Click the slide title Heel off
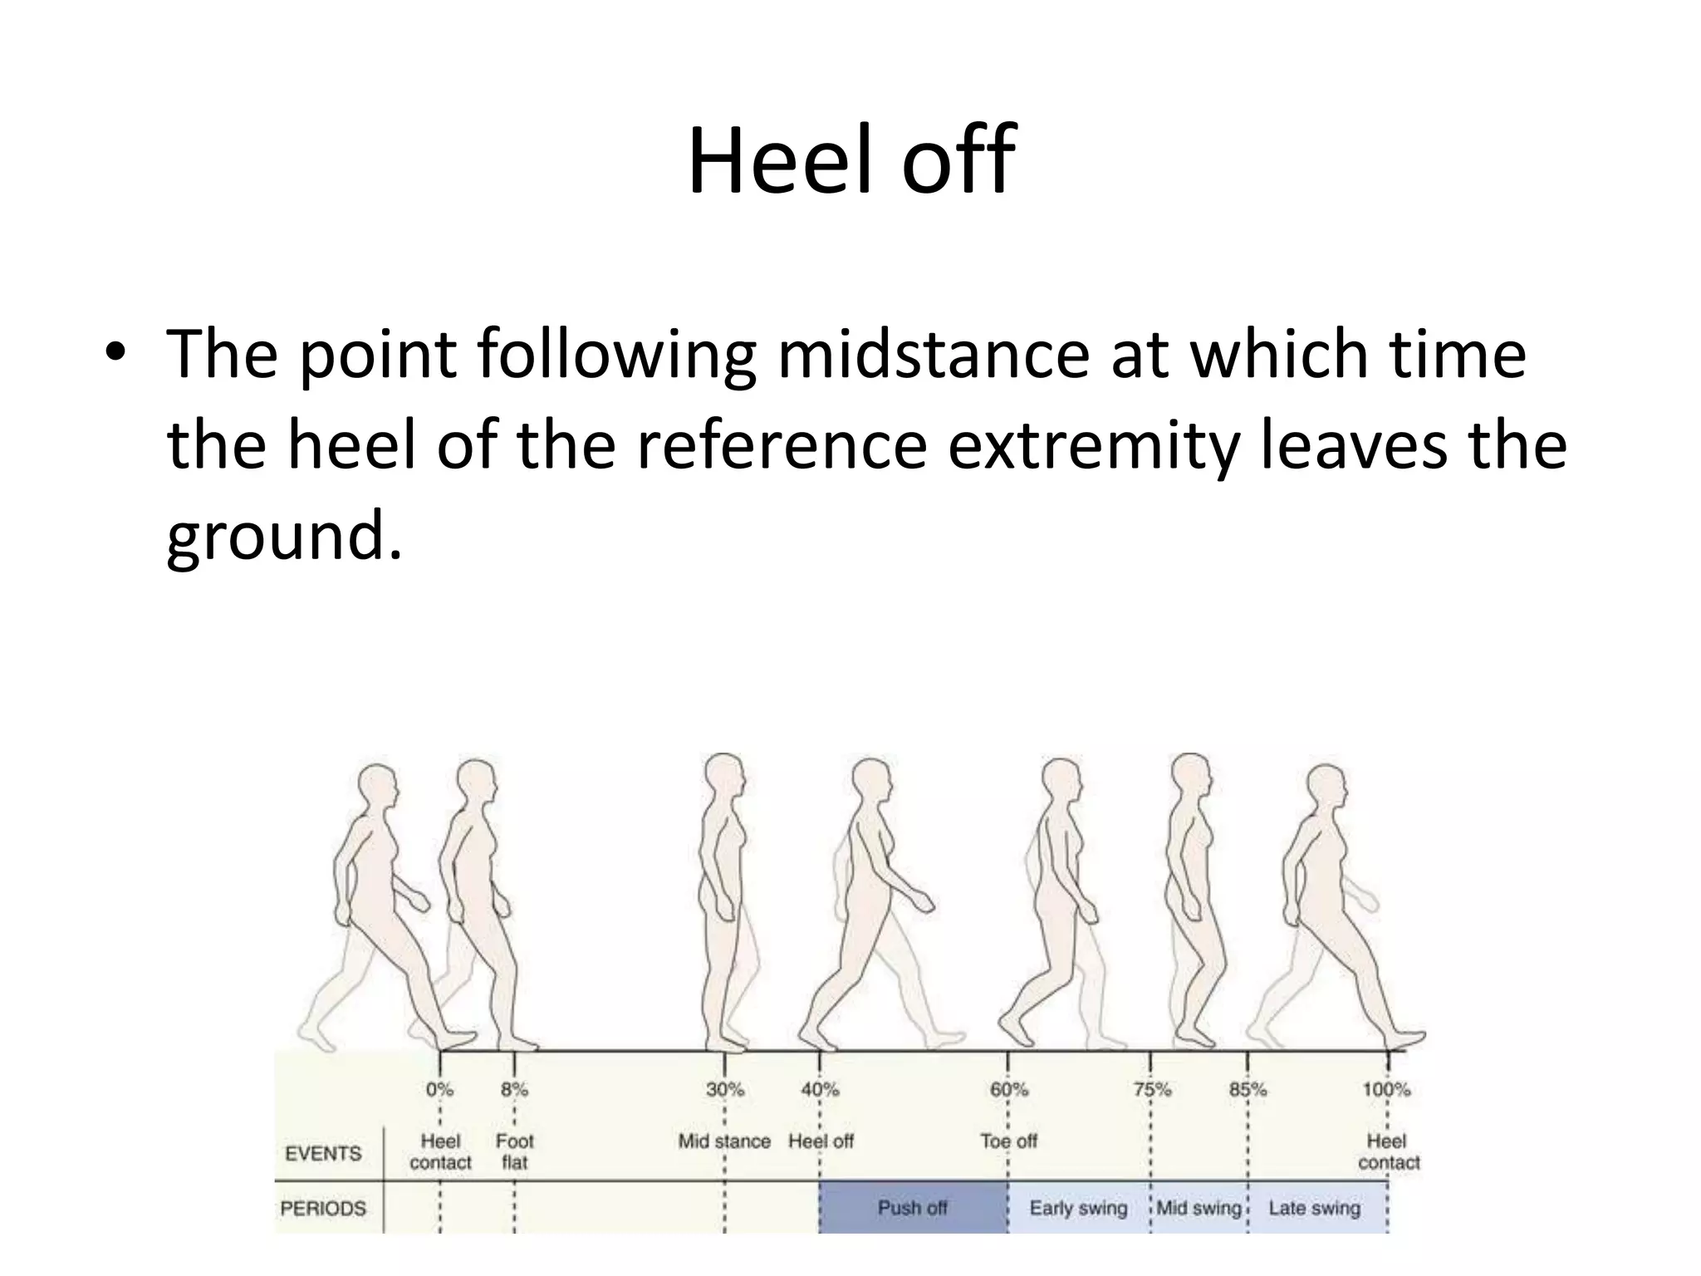tap(850, 159)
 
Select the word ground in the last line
tap(274, 538)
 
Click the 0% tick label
tap(439, 1089)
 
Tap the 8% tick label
tap(514, 1089)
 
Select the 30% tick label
tap(725, 1089)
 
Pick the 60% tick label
tap(1008, 1089)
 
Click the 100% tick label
tap(1386, 1089)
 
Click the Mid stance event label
tap(724, 1141)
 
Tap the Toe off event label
tap(1008, 1141)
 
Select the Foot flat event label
tap(514, 1151)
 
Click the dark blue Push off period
tap(912, 1207)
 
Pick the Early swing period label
tap(1078, 1208)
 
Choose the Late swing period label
tap(1314, 1208)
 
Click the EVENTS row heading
tap(323, 1153)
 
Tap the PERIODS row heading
tap(323, 1208)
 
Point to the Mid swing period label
tap(1199, 1208)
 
